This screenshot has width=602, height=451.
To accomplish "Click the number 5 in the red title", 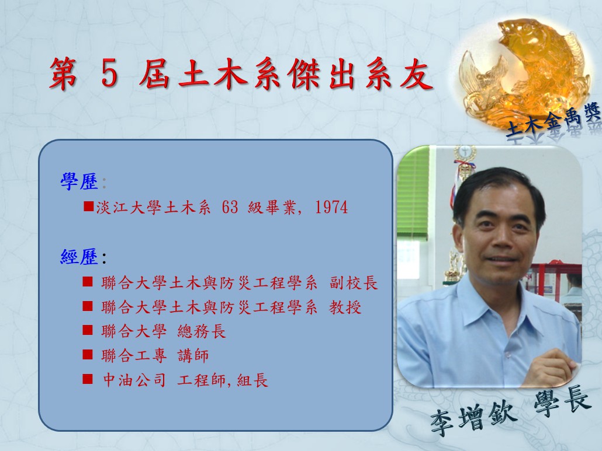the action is click(109, 74).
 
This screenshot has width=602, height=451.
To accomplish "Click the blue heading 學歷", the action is click(79, 181).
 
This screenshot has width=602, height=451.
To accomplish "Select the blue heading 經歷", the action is click(79, 257).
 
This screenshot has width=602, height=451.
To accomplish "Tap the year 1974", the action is click(331, 207).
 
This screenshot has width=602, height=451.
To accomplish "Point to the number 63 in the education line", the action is click(230, 207).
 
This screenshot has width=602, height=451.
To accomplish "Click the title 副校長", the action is click(353, 283).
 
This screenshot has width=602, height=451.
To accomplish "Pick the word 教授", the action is click(345, 307).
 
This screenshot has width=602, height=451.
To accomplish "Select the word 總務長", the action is click(202, 331).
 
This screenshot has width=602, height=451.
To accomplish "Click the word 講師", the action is click(193, 356).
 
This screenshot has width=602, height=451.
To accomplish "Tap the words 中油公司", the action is click(134, 380).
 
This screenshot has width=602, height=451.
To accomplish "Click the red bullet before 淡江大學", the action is click(89, 207).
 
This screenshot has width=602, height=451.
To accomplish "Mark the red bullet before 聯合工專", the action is click(88, 354).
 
